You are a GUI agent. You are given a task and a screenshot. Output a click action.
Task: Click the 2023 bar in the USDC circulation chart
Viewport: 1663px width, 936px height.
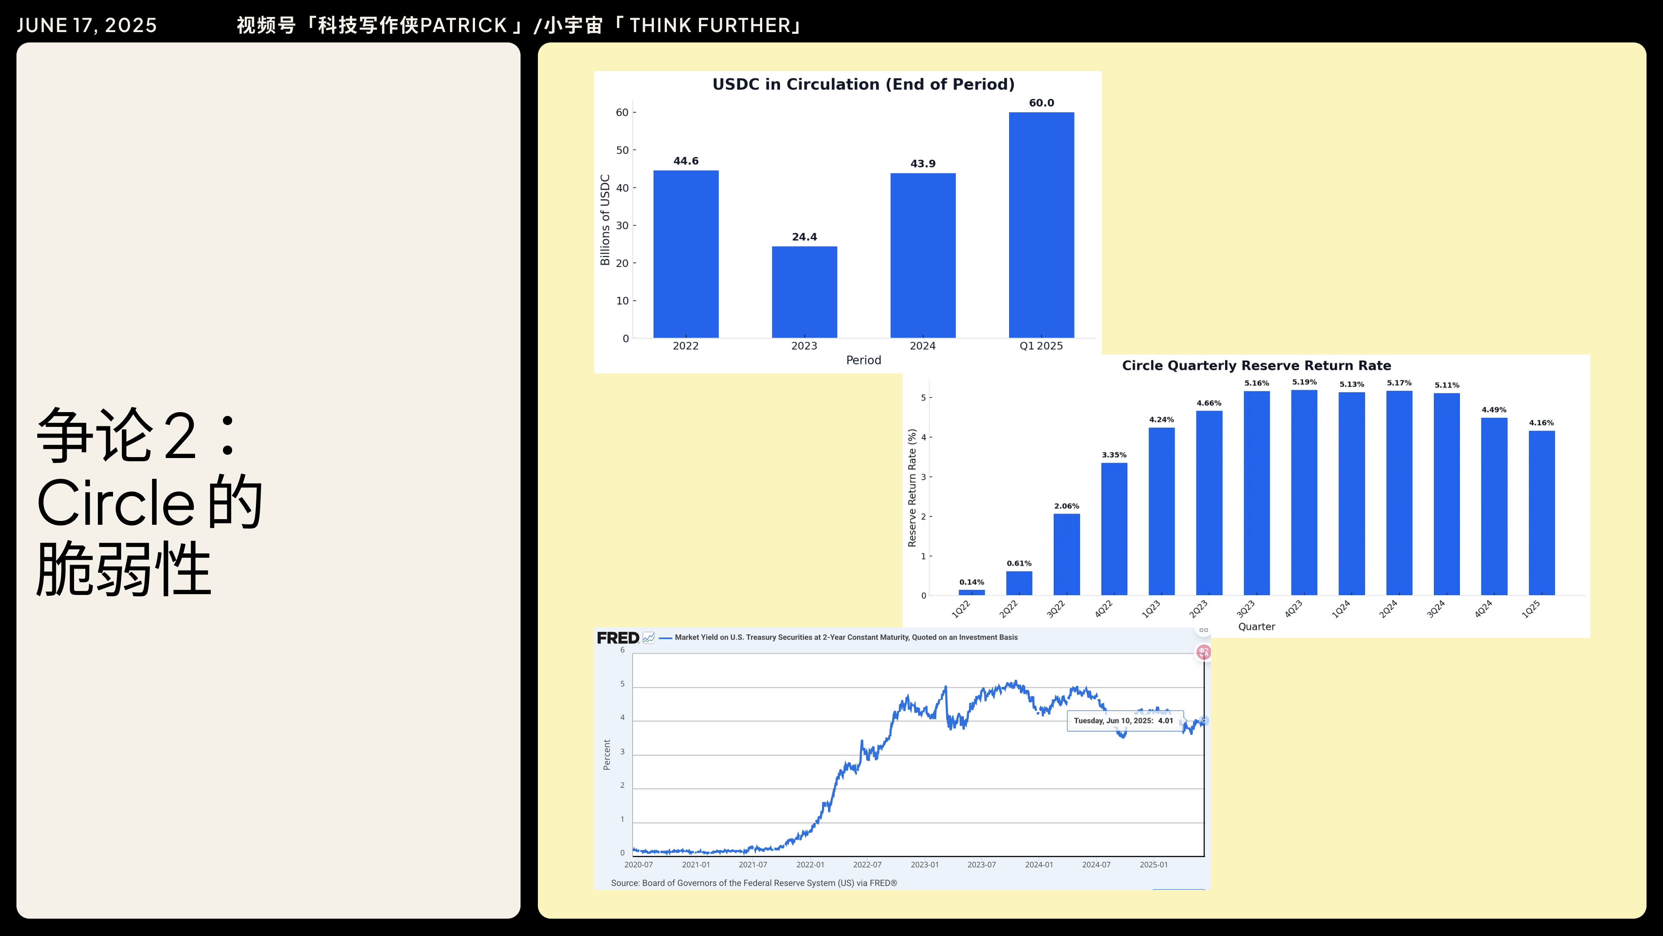click(x=804, y=292)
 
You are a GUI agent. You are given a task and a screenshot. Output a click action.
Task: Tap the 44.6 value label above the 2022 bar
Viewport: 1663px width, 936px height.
click(x=686, y=161)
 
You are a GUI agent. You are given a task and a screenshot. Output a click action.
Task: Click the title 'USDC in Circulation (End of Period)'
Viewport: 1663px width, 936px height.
click(x=863, y=84)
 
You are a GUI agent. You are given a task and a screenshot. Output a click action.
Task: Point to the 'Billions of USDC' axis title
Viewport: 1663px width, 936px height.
click(x=605, y=220)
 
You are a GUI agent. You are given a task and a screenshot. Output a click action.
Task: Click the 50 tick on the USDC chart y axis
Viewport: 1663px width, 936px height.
click(x=622, y=150)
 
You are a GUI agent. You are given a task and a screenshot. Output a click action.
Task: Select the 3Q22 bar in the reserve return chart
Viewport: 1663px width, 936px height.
click(x=1067, y=554)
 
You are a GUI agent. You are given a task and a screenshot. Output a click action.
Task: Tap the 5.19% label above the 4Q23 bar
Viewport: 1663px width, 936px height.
click(x=1304, y=382)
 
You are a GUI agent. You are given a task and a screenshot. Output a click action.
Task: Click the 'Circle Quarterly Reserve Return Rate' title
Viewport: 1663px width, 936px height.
click(x=1256, y=366)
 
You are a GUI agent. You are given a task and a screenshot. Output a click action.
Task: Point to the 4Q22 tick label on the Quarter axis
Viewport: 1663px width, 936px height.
click(x=1103, y=608)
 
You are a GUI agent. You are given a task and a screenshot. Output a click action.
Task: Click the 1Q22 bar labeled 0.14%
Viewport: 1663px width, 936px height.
click(x=971, y=591)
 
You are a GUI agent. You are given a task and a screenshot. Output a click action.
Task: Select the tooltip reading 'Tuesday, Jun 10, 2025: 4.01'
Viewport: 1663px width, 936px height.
click(x=1123, y=721)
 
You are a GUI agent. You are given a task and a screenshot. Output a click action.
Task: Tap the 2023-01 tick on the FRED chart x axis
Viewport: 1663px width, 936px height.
click(x=925, y=865)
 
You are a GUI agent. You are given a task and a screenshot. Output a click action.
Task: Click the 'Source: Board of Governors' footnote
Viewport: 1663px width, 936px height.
click(x=754, y=883)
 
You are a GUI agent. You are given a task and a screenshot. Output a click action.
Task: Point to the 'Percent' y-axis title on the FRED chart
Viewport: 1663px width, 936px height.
click(x=606, y=754)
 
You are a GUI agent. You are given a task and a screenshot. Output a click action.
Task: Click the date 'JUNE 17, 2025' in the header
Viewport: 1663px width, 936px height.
click(x=87, y=25)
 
